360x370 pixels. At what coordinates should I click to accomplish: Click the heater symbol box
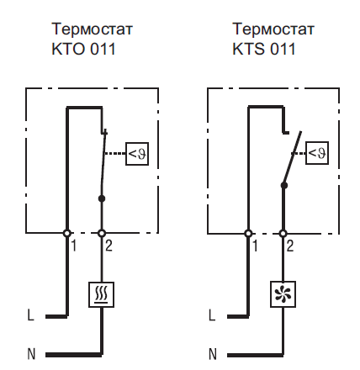point(101,294)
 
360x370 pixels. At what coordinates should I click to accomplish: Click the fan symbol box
point(283,294)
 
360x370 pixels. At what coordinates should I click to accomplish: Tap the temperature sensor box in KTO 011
point(137,154)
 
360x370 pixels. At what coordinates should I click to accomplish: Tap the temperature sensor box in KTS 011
point(317,153)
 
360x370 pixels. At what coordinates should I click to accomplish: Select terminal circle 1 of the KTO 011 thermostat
point(66,233)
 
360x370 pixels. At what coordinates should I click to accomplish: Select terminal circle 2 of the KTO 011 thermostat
point(102,233)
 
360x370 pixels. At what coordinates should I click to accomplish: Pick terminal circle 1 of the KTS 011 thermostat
point(248,233)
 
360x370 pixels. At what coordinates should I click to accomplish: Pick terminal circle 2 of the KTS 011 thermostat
point(283,233)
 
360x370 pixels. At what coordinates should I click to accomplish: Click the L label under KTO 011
point(30,314)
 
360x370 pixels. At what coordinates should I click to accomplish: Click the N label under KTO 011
point(31,354)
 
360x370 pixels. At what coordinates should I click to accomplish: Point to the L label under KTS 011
point(212,314)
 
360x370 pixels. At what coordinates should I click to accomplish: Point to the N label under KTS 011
point(213,354)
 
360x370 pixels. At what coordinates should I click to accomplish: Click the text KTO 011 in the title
point(83,49)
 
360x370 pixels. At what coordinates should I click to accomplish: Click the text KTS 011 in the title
point(264,49)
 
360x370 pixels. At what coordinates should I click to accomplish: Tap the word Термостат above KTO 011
point(92,29)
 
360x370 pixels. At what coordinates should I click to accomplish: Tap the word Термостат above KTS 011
point(273,29)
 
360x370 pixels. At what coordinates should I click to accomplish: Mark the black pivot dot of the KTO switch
point(102,198)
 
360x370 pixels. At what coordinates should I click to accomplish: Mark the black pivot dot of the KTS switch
point(284,185)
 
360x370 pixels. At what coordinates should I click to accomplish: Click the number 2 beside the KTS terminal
point(290,246)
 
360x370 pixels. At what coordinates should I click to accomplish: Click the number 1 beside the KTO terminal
point(74,246)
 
